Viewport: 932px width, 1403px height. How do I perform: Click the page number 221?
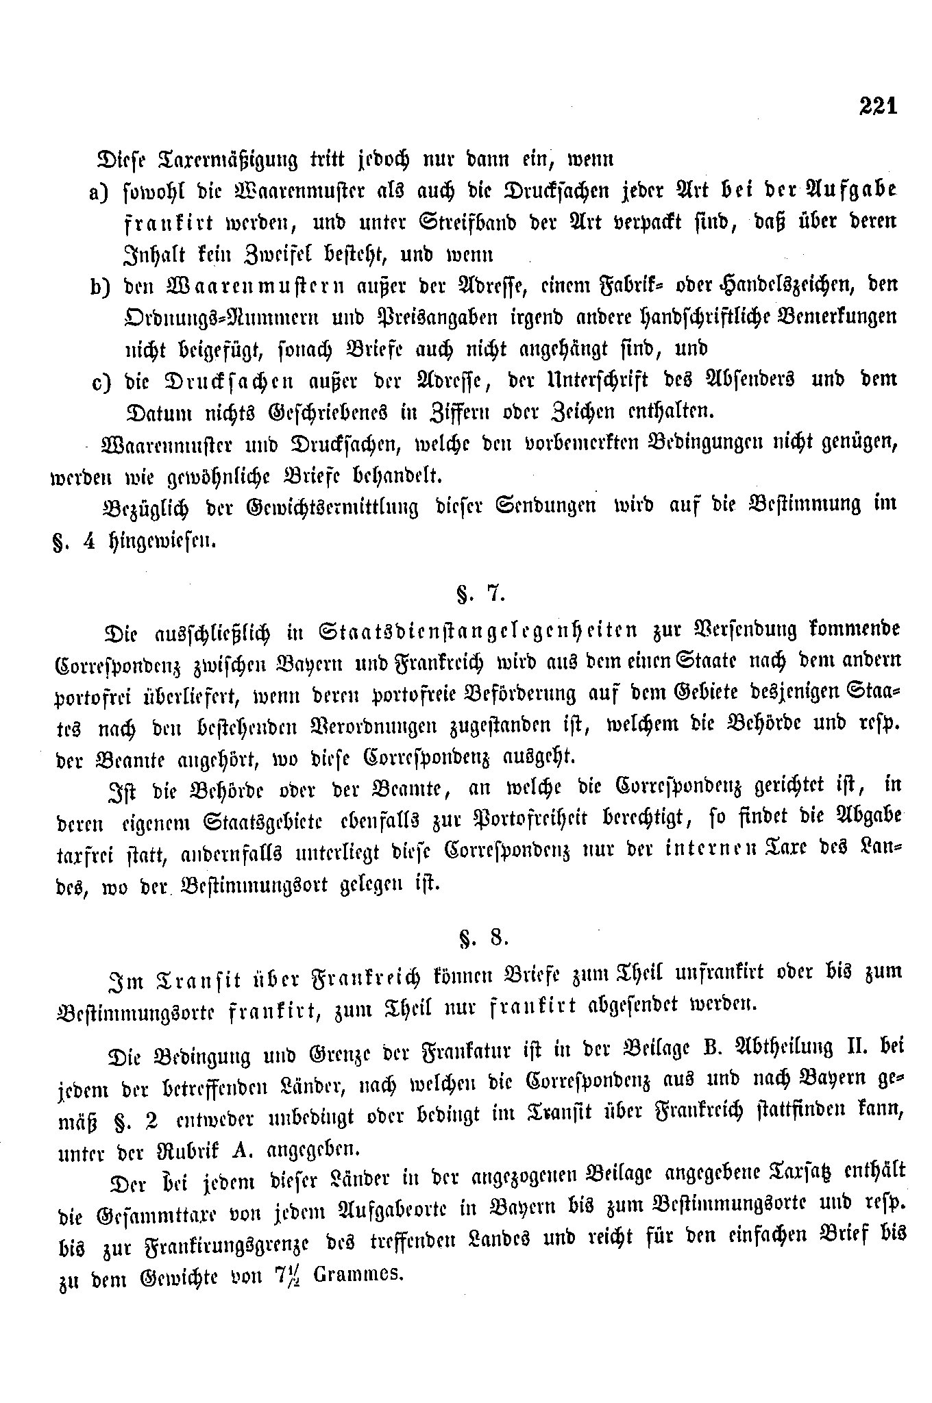(876, 106)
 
